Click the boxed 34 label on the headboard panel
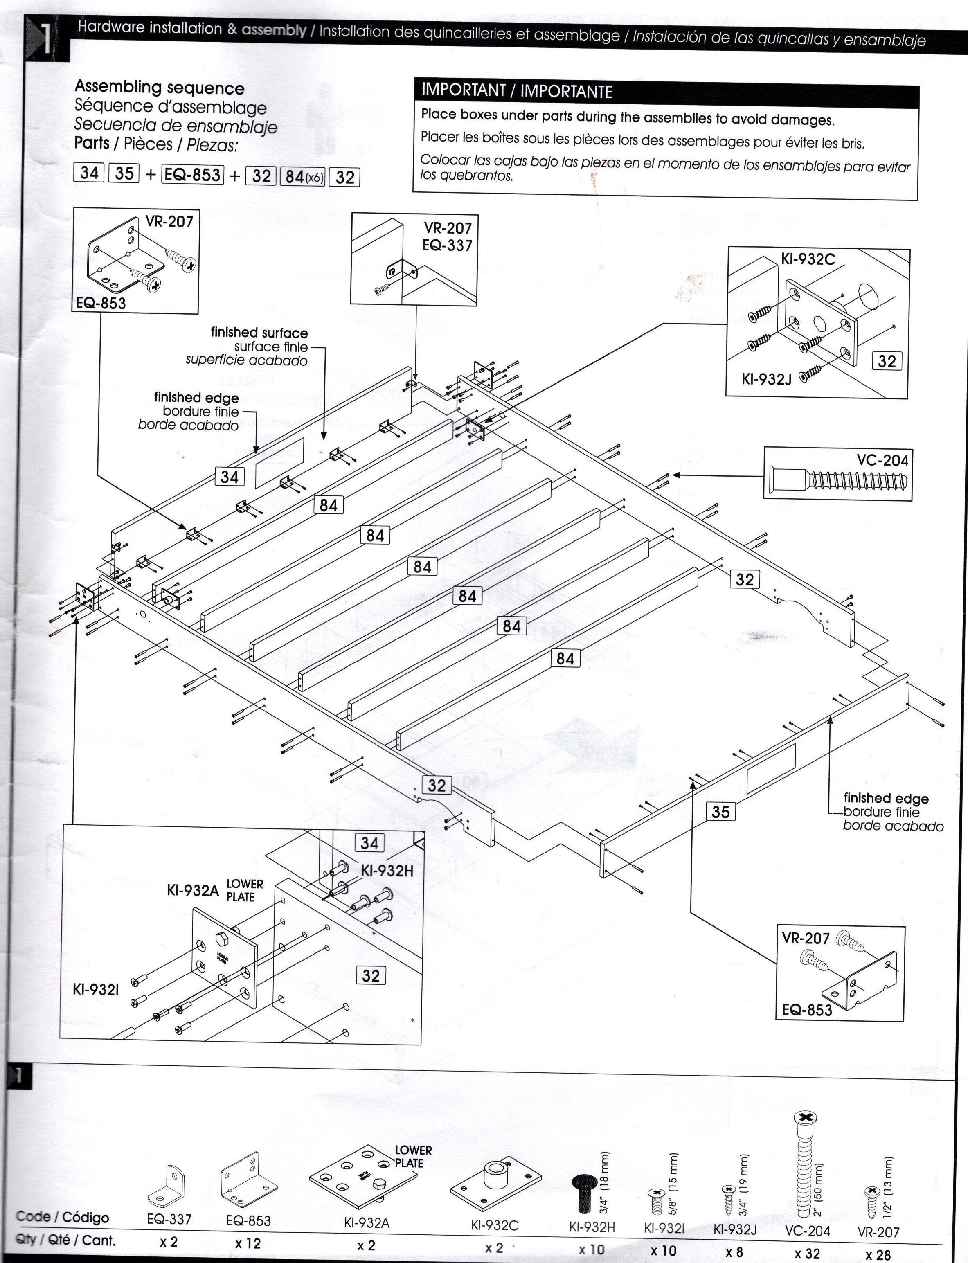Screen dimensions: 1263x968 (x=230, y=477)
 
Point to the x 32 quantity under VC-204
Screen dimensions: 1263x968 (x=807, y=1253)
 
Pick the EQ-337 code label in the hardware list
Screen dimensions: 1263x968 (x=169, y=1219)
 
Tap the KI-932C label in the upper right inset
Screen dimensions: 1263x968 (x=807, y=259)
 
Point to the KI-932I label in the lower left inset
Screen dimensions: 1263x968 (x=96, y=989)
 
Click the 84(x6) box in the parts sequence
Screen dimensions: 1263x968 (x=303, y=176)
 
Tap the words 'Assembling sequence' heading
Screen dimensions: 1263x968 (x=160, y=88)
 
